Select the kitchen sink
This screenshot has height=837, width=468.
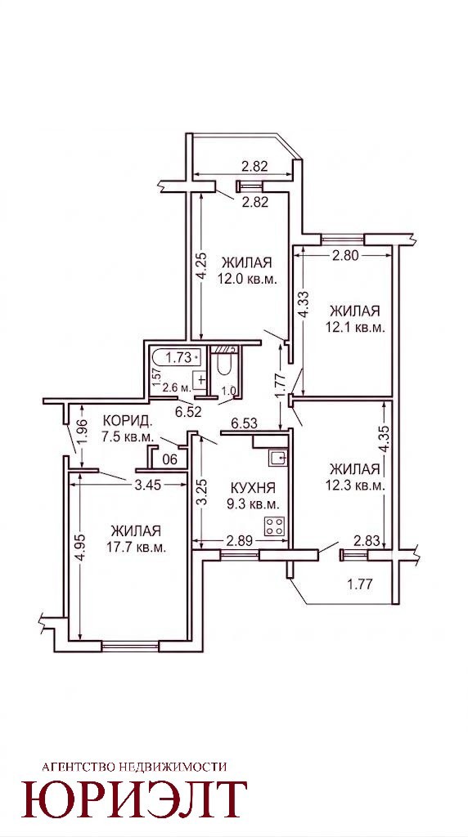point(278,459)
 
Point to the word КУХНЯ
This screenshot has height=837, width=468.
point(254,487)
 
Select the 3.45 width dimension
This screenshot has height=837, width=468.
point(148,485)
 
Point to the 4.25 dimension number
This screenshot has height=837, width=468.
point(200,267)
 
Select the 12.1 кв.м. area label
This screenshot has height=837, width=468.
point(355,327)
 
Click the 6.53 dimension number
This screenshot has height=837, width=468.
point(244,423)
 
